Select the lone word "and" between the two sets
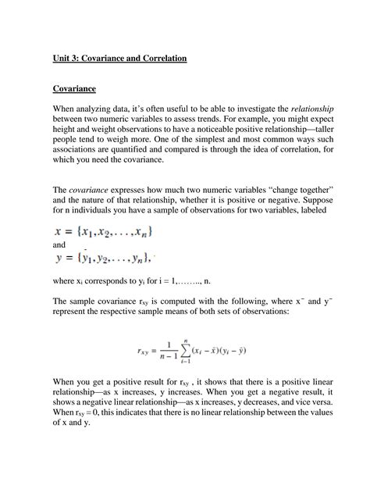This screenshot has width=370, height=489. (60, 244)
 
